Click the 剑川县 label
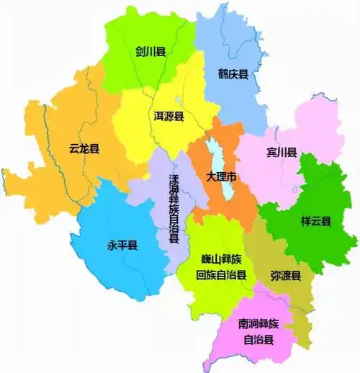(x=150, y=52)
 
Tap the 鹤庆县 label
(x=233, y=73)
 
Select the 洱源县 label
(x=168, y=115)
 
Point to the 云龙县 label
(x=84, y=149)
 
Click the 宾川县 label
(x=282, y=153)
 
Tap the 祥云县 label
(x=315, y=222)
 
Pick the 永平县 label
(x=122, y=245)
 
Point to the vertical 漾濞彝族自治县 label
(x=174, y=210)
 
